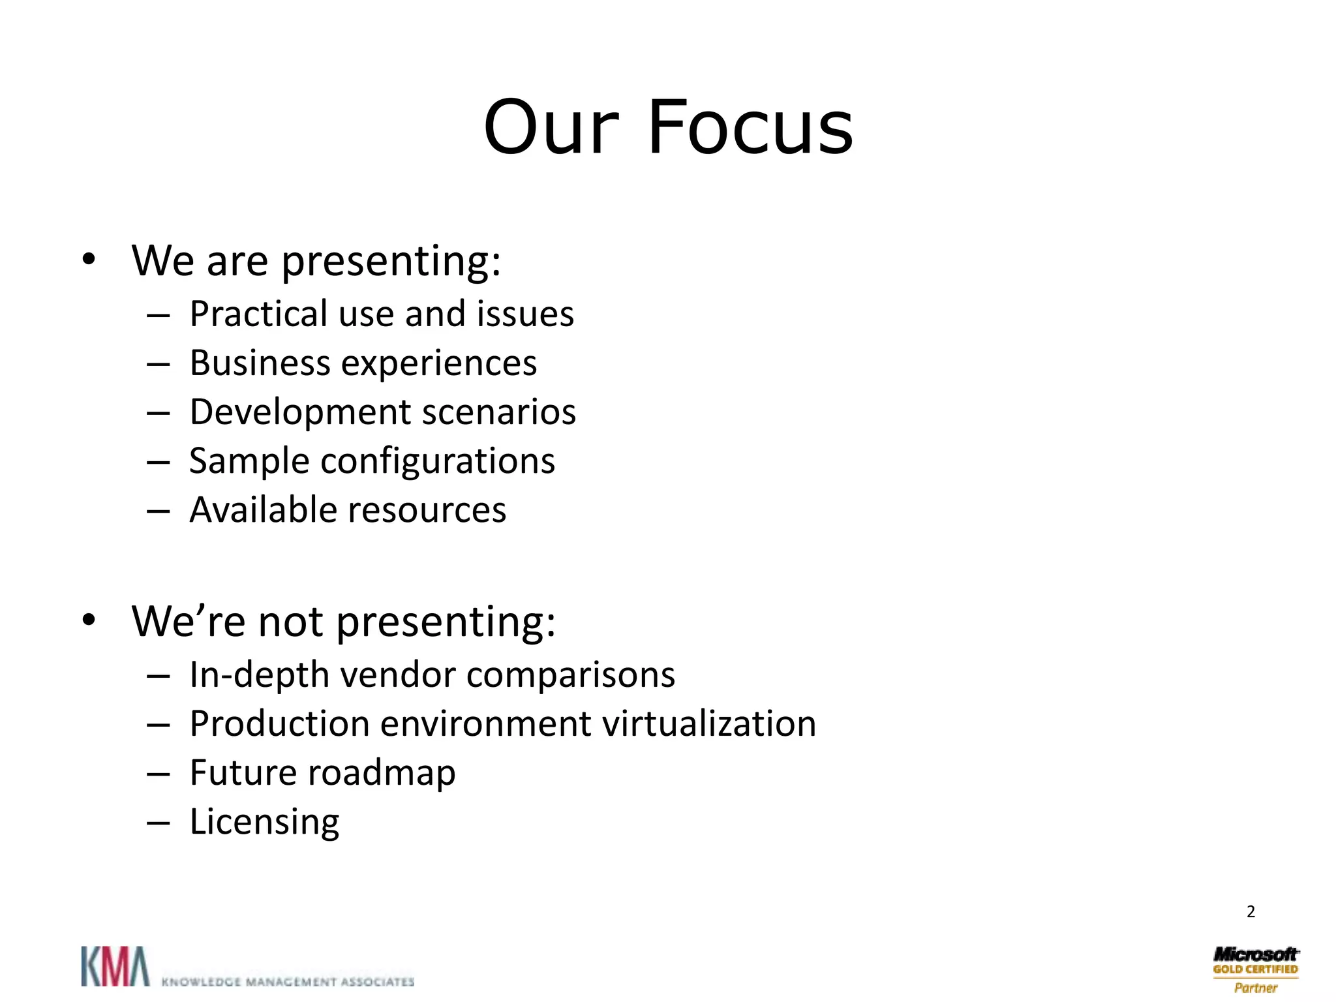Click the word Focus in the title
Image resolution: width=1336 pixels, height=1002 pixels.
click(750, 127)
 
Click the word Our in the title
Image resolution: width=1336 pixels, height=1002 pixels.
click(551, 127)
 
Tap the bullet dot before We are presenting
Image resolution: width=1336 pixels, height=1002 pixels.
click(89, 260)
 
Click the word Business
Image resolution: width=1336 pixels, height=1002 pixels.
click(260, 363)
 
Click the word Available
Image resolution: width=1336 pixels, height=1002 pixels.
click(264, 509)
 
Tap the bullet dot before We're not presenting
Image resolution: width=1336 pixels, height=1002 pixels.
click(89, 620)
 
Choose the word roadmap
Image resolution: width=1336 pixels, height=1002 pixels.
click(382, 774)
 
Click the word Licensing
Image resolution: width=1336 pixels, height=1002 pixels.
click(264, 822)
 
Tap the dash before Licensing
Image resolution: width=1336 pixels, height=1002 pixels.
click(158, 823)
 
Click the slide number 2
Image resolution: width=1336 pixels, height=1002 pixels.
click(1251, 911)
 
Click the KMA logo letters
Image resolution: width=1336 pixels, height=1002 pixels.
click(115, 966)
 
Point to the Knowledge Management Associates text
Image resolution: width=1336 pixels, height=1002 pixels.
click(288, 982)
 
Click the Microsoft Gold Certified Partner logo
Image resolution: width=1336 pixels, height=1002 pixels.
click(1255, 969)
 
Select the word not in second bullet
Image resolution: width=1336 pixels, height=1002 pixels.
click(291, 621)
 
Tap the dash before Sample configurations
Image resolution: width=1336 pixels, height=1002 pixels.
click(158, 462)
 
